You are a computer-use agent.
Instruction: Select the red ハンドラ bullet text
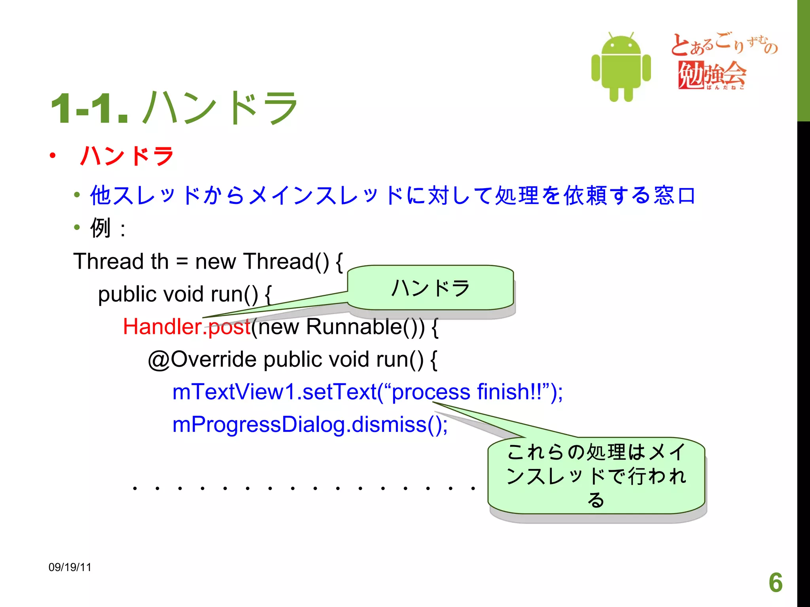[x=127, y=156]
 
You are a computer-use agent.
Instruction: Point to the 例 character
[x=100, y=228]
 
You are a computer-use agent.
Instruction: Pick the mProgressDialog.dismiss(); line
[x=310, y=425]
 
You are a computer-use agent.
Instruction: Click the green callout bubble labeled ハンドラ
[x=430, y=288]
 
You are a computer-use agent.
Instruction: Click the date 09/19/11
[x=70, y=567]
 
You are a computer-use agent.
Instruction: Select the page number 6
[x=776, y=582]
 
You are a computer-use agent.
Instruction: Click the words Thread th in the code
[x=121, y=262]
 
